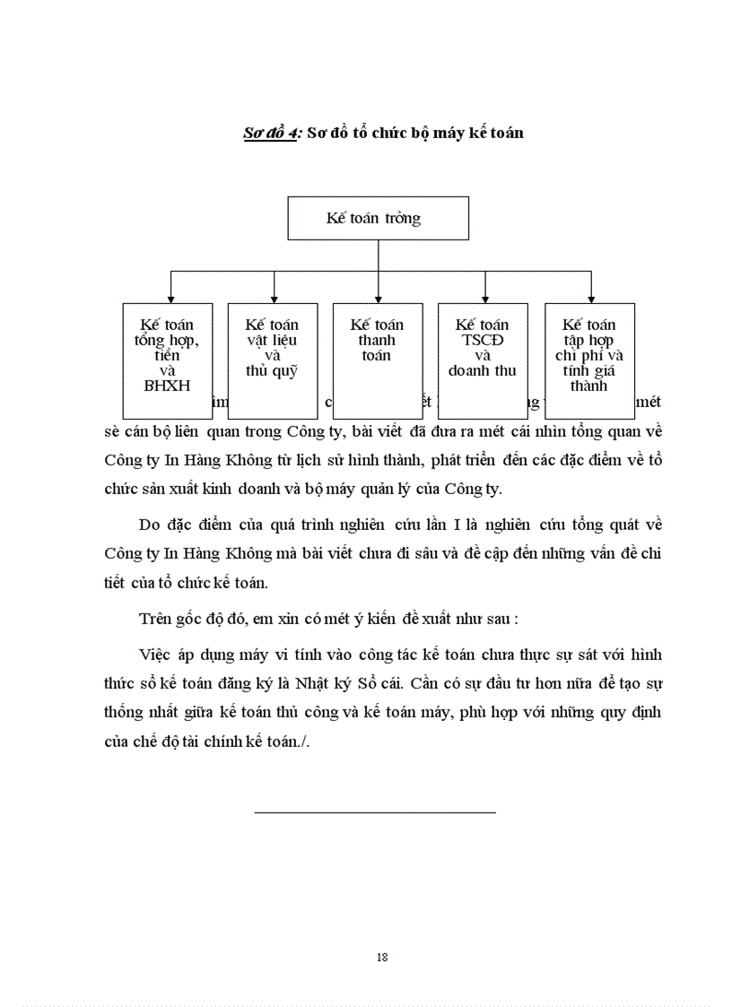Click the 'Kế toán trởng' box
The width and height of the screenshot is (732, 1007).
pyautogui.click(x=378, y=219)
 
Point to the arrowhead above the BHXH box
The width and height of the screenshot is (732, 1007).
pyautogui.click(x=170, y=299)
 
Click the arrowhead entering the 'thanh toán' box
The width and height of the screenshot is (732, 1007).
pyautogui.click(x=379, y=299)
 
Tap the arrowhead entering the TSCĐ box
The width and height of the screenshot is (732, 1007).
pyautogui.click(x=484, y=299)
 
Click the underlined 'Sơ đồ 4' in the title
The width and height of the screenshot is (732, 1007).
pyautogui.click(x=272, y=133)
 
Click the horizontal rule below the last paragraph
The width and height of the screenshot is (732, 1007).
pyautogui.click(x=375, y=812)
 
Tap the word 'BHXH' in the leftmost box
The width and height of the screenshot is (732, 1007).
pyautogui.click(x=168, y=386)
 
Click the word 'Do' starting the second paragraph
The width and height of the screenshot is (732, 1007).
pyautogui.click(x=151, y=525)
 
